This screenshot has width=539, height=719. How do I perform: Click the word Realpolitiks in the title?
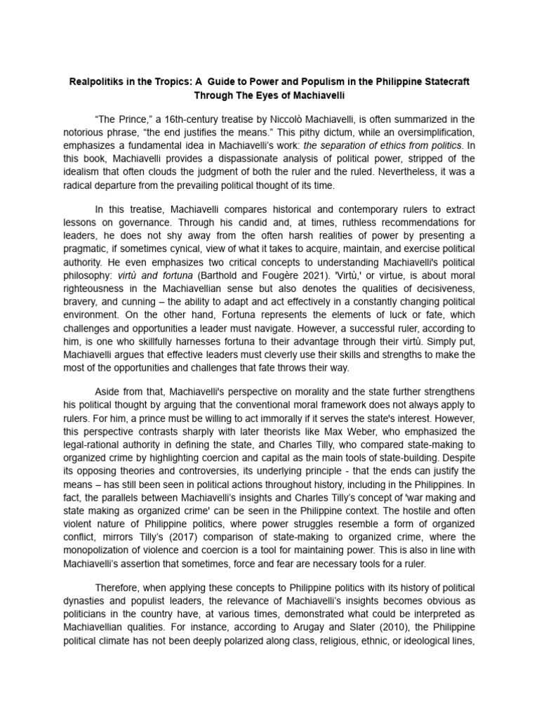(x=96, y=81)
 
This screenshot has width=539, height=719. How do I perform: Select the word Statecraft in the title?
(x=443, y=81)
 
